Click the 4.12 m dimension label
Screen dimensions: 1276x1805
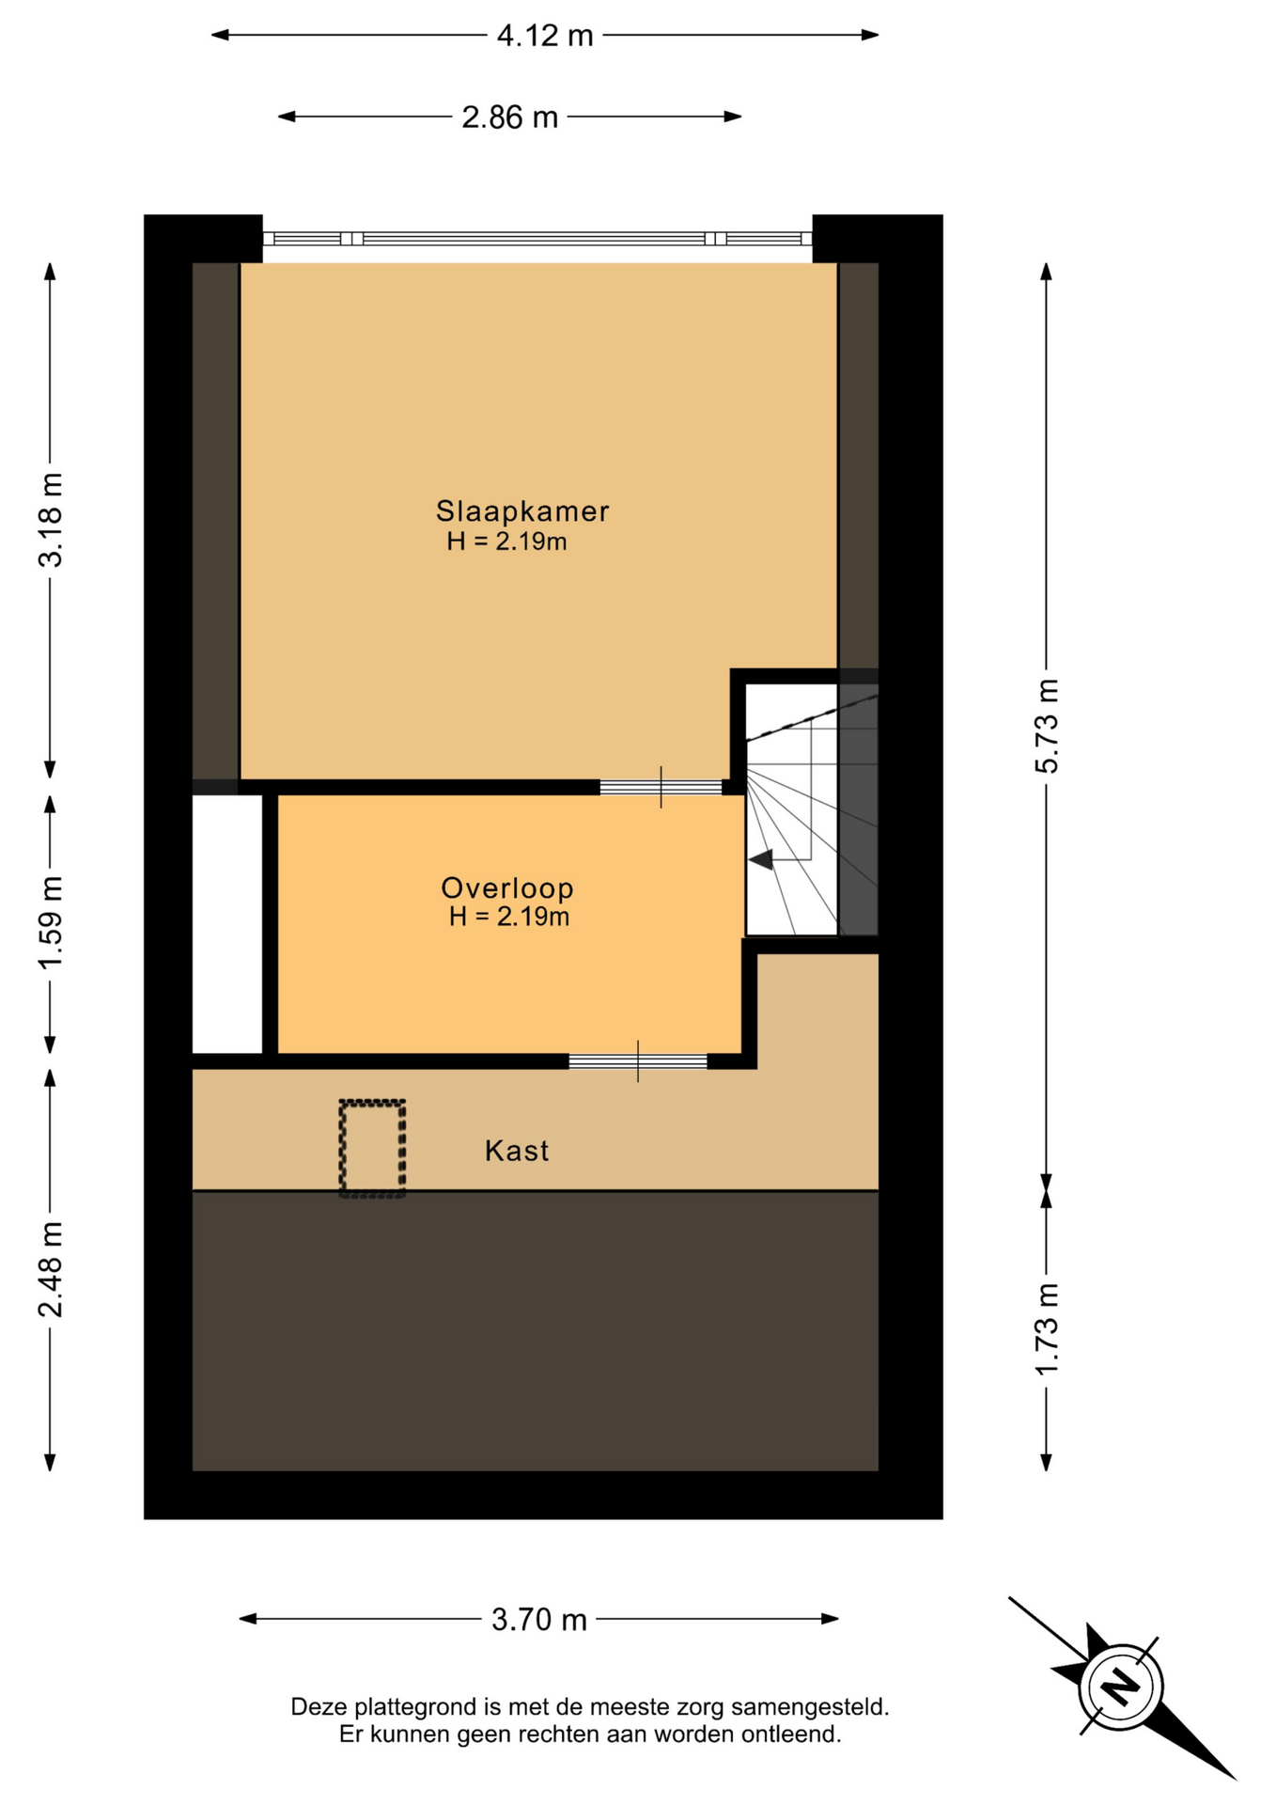click(545, 36)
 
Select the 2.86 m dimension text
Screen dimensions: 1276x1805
click(509, 118)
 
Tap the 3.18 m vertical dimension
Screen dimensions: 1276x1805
click(51, 520)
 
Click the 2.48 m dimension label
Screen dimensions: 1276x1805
click(51, 1269)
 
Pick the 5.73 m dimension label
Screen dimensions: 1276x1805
click(1047, 726)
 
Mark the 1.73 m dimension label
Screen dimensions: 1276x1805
click(1047, 1328)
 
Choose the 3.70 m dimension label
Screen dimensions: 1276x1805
click(539, 1619)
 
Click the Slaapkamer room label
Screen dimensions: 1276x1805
click(522, 510)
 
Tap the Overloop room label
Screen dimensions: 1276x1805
click(507, 887)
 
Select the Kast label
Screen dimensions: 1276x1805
click(517, 1151)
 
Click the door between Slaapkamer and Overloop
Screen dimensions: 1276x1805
click(661, 788)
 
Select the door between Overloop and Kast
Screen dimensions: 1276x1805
click(638, 1061)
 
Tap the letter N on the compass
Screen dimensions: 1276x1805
click(1120, 1685)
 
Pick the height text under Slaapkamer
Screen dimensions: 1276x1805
click(506, 541)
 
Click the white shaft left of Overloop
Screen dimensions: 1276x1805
click(227, 924)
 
